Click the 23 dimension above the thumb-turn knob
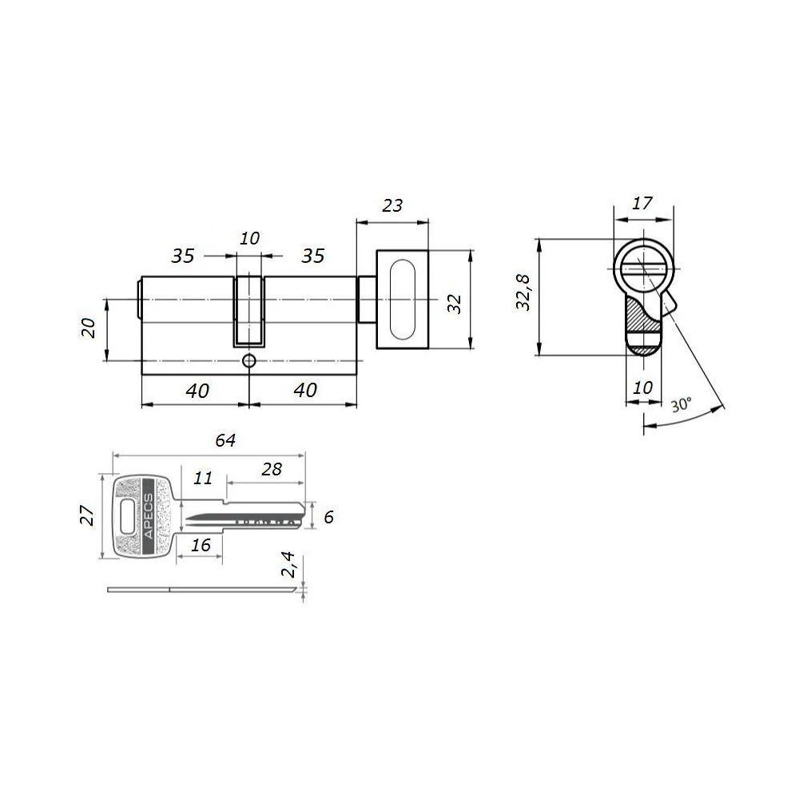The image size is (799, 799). click(392, 205)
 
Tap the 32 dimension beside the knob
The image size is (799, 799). click(454, 304)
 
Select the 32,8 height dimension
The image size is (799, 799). click(523, 292)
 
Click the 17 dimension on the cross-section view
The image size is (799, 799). click(642, 203)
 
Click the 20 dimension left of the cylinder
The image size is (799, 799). click(88, 328)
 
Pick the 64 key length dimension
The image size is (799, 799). click(225, 440)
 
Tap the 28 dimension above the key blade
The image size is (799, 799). click(272, 469)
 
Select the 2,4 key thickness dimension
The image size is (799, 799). click(289, 564)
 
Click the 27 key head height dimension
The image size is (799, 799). click(87, 515)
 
